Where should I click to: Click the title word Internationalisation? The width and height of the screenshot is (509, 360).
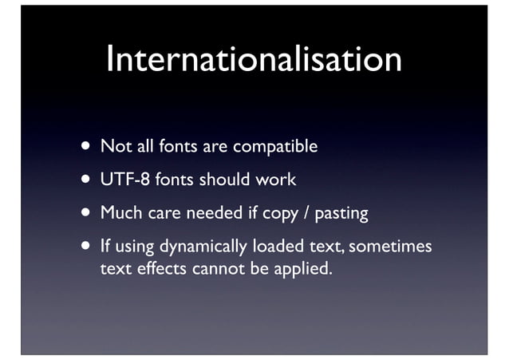tap(254, 60)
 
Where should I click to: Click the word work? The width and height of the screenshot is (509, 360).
tap(276, 180)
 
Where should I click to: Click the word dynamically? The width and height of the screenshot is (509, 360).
tap(204, 247)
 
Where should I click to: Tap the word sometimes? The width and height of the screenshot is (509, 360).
tap(390, 246)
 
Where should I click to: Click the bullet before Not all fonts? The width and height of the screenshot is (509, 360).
tap(84, 148)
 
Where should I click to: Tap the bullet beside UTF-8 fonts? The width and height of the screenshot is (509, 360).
tap(84, 180)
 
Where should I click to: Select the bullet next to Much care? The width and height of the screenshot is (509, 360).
tap(84, 214)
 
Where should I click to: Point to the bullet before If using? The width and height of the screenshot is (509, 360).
tap(84, 247)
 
